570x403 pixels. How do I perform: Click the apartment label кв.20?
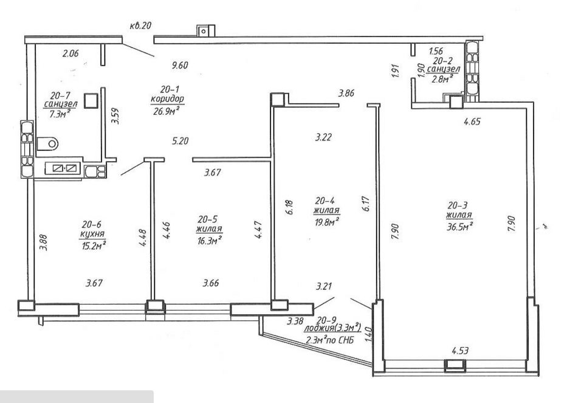click(x=140, y=26)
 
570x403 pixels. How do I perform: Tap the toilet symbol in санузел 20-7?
click(x=47, y=143)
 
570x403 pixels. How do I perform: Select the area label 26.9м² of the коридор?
click(x=167, y=111)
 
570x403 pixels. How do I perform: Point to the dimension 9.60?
click(x=180, y=65)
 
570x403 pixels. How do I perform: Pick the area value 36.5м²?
click(x=459, y=227)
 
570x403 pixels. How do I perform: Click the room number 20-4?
click(x=324, y=201)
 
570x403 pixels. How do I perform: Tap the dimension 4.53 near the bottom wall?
click(x=460, y=351)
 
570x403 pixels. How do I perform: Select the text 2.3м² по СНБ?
click(x=330, y=340)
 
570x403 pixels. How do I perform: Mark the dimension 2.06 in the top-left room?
click(x=70, y=53)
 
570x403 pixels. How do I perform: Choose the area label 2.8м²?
click(x=442, y=78)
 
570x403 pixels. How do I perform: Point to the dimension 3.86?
click(x=346, y=93)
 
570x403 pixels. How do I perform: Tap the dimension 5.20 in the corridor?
click(x=180, y=140)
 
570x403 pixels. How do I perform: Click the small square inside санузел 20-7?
click(x=91, y=101)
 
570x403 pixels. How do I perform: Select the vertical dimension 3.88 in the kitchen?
click(x=43, y=243)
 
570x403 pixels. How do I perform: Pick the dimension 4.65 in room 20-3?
click(x=472, y=121)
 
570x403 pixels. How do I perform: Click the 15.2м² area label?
click(x=94, y=246)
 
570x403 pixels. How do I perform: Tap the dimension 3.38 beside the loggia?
click(x=295, y=321)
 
